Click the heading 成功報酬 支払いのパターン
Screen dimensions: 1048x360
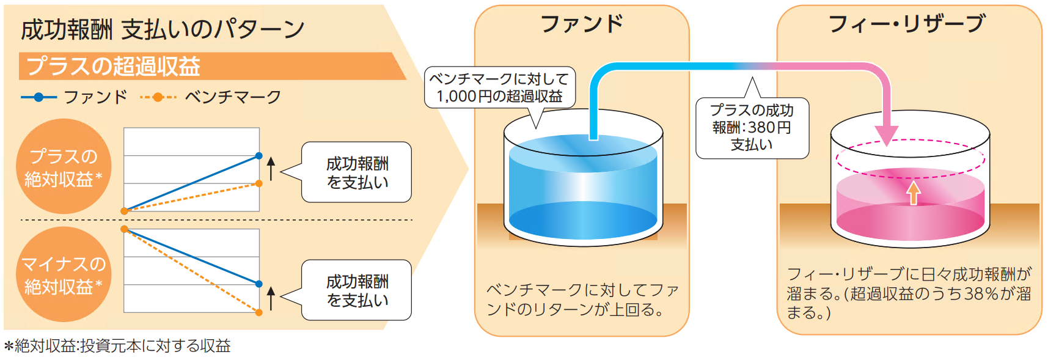click(x=163, y=29)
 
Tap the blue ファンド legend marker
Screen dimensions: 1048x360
click(x=38, y=97)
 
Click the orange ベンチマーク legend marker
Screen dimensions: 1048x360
click(x=158, y=97)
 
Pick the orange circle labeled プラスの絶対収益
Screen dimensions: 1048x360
click(x=64, y=166)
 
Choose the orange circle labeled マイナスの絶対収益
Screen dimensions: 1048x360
click(x=64, y=274)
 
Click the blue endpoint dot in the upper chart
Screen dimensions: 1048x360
click(x=259, y=156)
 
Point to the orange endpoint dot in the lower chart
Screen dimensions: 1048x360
click(x=259, y=312)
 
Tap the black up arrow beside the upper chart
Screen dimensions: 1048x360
click(x=271, y=169)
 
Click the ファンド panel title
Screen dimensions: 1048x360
click(x=582, y=24)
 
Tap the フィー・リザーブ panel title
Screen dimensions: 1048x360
click(x=907, y=24)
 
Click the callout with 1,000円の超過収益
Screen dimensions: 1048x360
click(x=500, y=88)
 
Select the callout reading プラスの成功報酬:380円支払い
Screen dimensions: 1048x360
click(x=752, y=127)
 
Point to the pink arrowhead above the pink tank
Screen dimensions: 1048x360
click(x=886, y=135)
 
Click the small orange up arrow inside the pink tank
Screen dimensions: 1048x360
click(x=913, y=193)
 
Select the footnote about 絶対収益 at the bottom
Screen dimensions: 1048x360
click(x=117, y=346)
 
